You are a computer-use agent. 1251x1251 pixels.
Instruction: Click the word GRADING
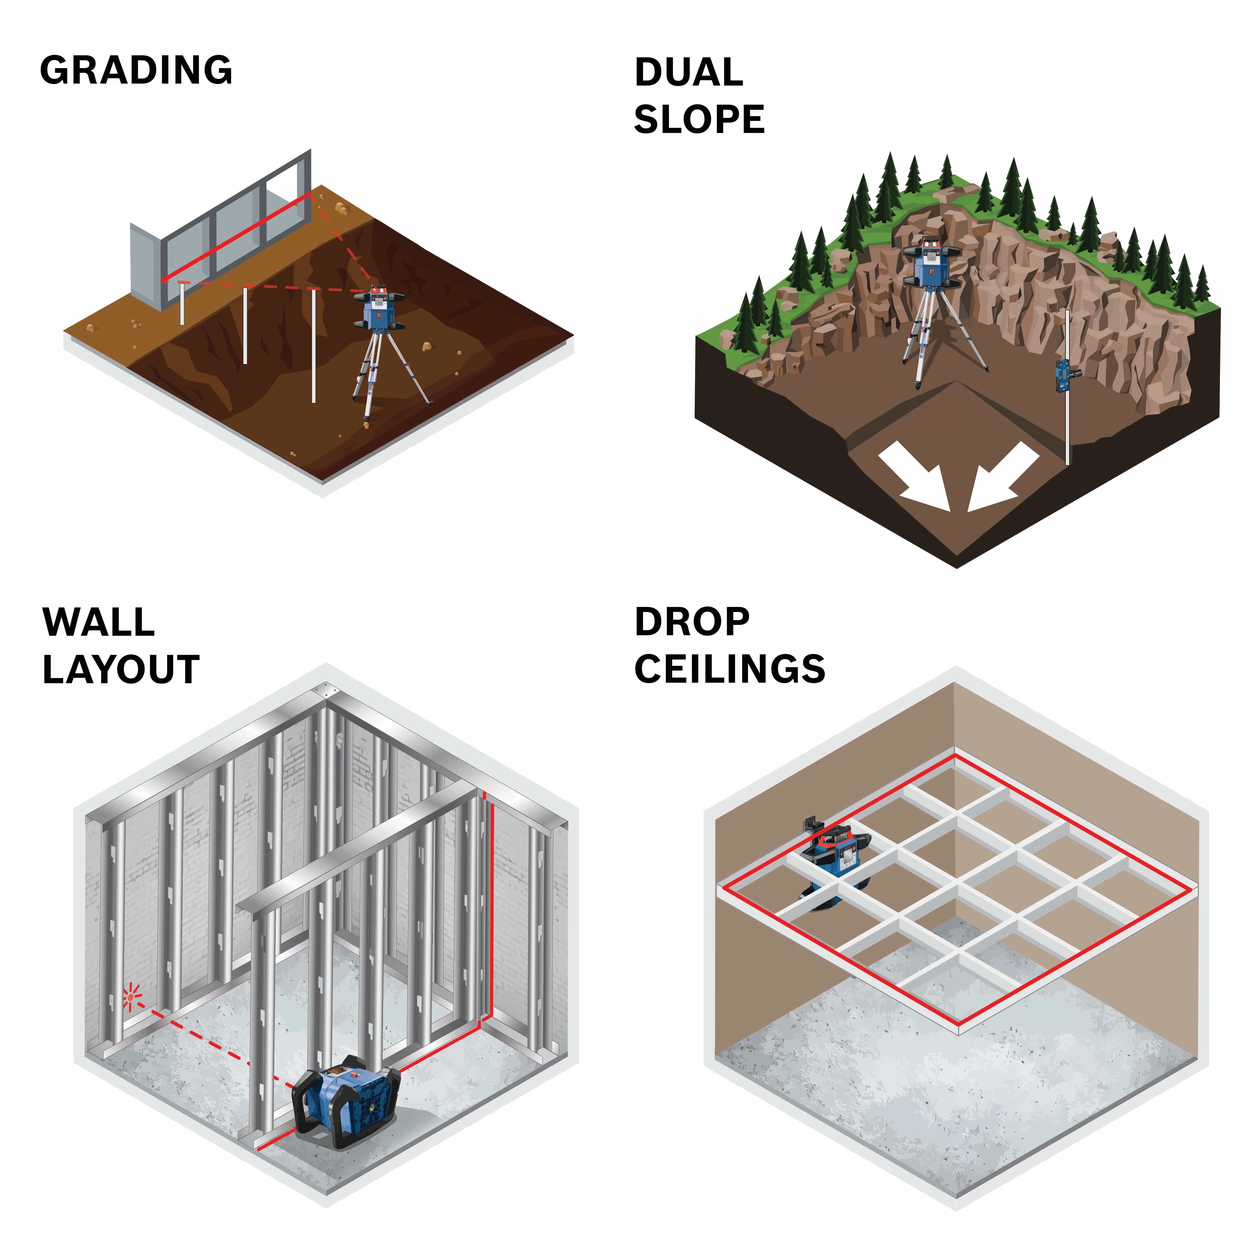pyautogui.click(x=136, y=70)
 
